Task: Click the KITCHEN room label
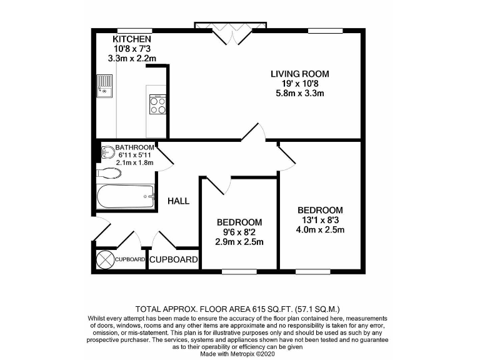(131, 39)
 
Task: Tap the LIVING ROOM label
(299, 74)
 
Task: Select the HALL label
(178, 201)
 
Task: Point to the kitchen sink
(104, 86)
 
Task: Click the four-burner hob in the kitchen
(157, 104)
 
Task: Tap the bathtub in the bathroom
(126, 197)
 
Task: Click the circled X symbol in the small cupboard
(104, 259)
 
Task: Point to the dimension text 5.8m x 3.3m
(299, 93)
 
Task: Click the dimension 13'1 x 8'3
(320, 219)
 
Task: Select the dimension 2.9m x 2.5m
(239, 242)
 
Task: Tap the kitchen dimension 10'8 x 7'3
(131, 49)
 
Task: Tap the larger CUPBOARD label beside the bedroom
(174, 259)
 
